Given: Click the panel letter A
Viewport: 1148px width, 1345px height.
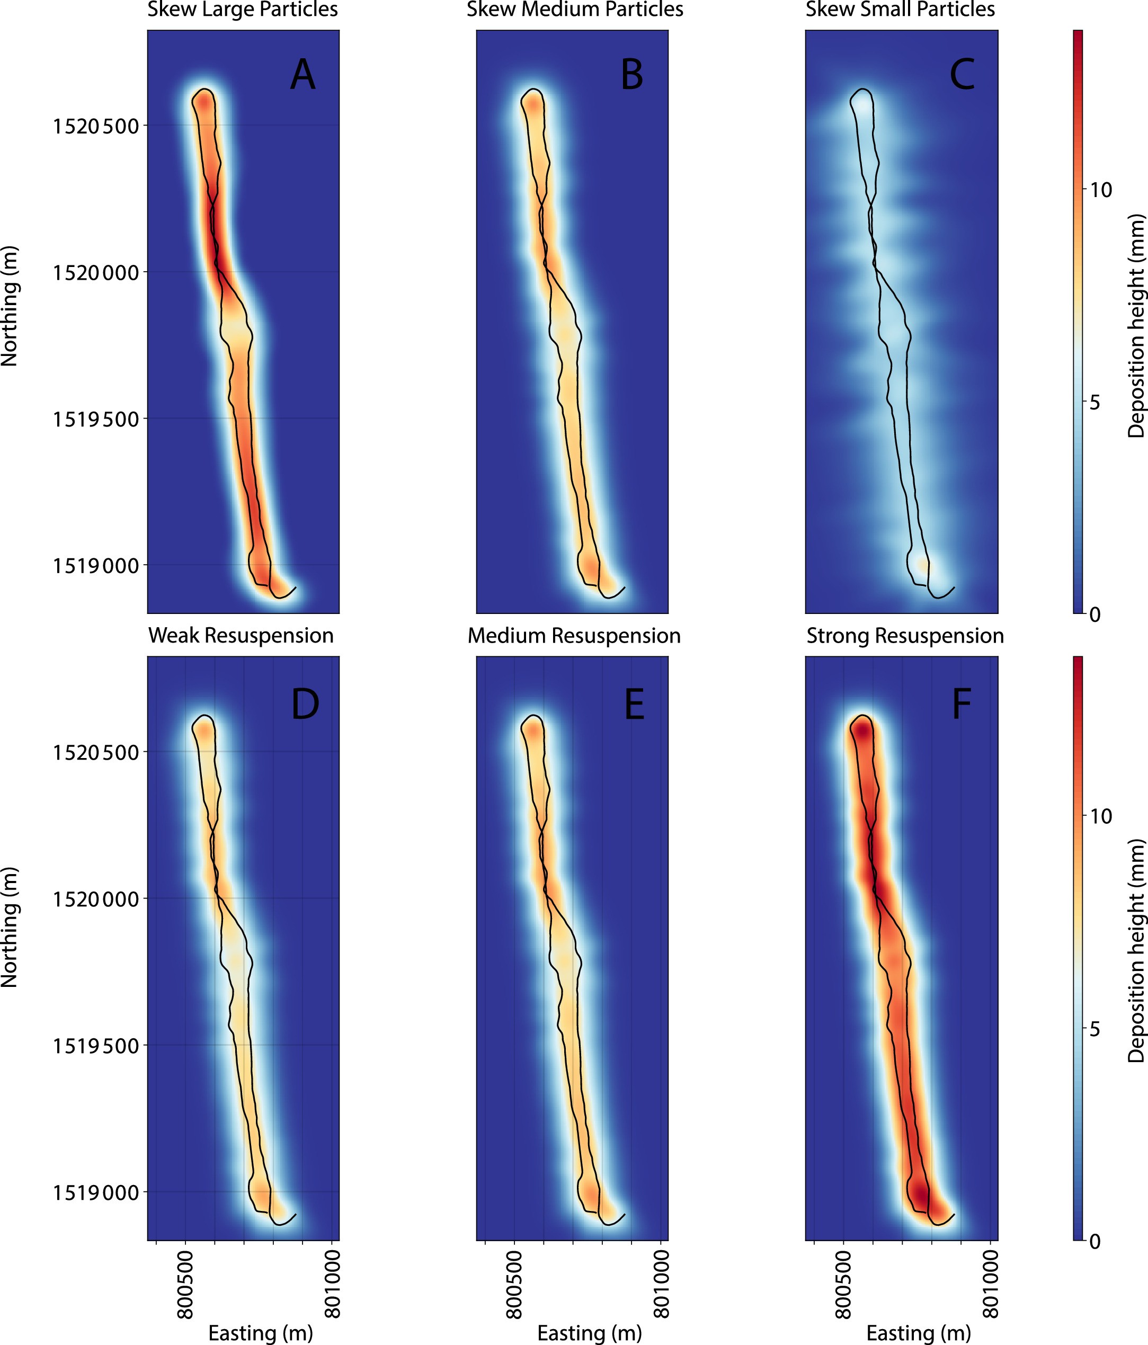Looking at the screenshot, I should point(302,75).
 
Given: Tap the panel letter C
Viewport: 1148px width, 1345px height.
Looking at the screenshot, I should point(962,75).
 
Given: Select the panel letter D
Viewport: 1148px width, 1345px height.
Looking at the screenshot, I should point(305,703).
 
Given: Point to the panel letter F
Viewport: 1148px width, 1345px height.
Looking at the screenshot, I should point(961,703).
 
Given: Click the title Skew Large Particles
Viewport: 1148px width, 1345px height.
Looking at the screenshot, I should point(242,10).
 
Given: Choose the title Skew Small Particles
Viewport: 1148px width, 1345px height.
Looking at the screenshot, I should point(900,10).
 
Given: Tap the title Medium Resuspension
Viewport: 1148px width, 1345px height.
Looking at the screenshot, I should point(574,636).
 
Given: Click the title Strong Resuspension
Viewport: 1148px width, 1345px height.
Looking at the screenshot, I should point(905,636).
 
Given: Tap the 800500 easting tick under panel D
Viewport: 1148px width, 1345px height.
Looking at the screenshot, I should point(186,1275).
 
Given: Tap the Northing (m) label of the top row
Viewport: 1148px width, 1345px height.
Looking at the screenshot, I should point(10,306).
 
